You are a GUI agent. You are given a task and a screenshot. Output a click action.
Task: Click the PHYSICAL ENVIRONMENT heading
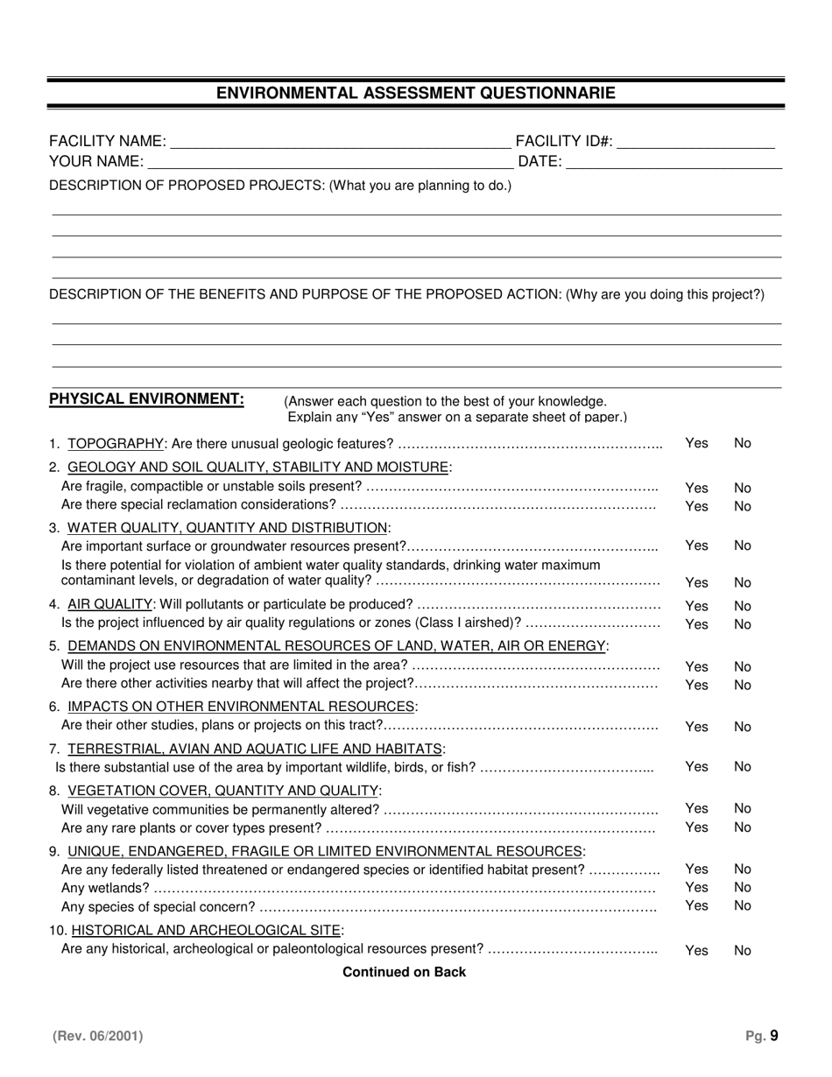click(x=146, y=399)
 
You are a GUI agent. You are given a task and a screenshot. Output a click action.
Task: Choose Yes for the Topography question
click(x=696, y=443)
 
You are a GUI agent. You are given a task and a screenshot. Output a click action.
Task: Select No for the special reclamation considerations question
click(x=743, y=506)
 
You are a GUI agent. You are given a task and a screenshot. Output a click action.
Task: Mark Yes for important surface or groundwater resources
click(x=696, y=546)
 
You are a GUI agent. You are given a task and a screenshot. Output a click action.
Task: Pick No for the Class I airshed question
click(x=743, y=624)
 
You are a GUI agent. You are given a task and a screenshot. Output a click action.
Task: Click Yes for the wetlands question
click(x=696, y=887)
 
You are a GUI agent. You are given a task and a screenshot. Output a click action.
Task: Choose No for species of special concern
click(x=743, y=905)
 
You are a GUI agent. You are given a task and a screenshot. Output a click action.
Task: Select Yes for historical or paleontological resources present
click(x=696, y=950)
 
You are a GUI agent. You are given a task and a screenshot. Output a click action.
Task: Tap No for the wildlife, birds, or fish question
click(x=743, y=766)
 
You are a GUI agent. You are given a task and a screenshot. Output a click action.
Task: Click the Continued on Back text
click(x=404, y=972)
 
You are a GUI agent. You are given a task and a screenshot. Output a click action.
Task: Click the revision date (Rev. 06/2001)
click(x=97, y=1036)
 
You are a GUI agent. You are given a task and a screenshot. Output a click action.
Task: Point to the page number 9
click(x=773, y=1036)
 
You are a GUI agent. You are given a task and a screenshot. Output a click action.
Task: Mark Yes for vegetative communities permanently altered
click(x=696, y=808)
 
